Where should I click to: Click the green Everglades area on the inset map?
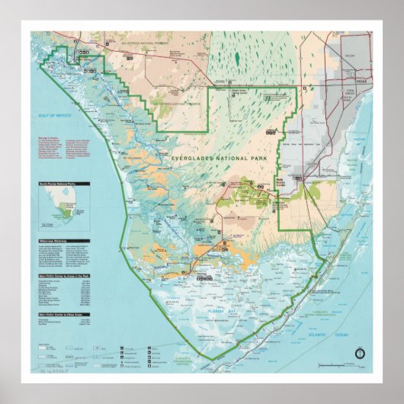pos(69,213)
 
